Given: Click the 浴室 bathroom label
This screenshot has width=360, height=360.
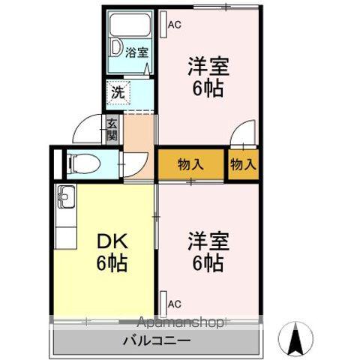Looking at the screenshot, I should tap(136, 52).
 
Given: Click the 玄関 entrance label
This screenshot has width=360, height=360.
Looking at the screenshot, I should tap(112, 130).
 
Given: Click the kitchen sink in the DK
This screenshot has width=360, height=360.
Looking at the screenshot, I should tap(63, 199).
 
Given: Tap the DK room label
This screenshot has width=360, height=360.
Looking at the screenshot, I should tap(111, 241).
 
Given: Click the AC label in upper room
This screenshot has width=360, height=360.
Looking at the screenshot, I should tap(175, 25).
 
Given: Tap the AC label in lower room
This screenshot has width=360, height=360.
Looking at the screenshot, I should tap(175, 304).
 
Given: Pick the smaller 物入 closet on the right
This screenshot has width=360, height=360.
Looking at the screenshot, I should tap(243, 163).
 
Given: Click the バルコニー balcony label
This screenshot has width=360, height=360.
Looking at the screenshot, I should tap(157, 341).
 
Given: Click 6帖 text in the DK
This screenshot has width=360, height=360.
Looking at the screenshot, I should tap(111, 263).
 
